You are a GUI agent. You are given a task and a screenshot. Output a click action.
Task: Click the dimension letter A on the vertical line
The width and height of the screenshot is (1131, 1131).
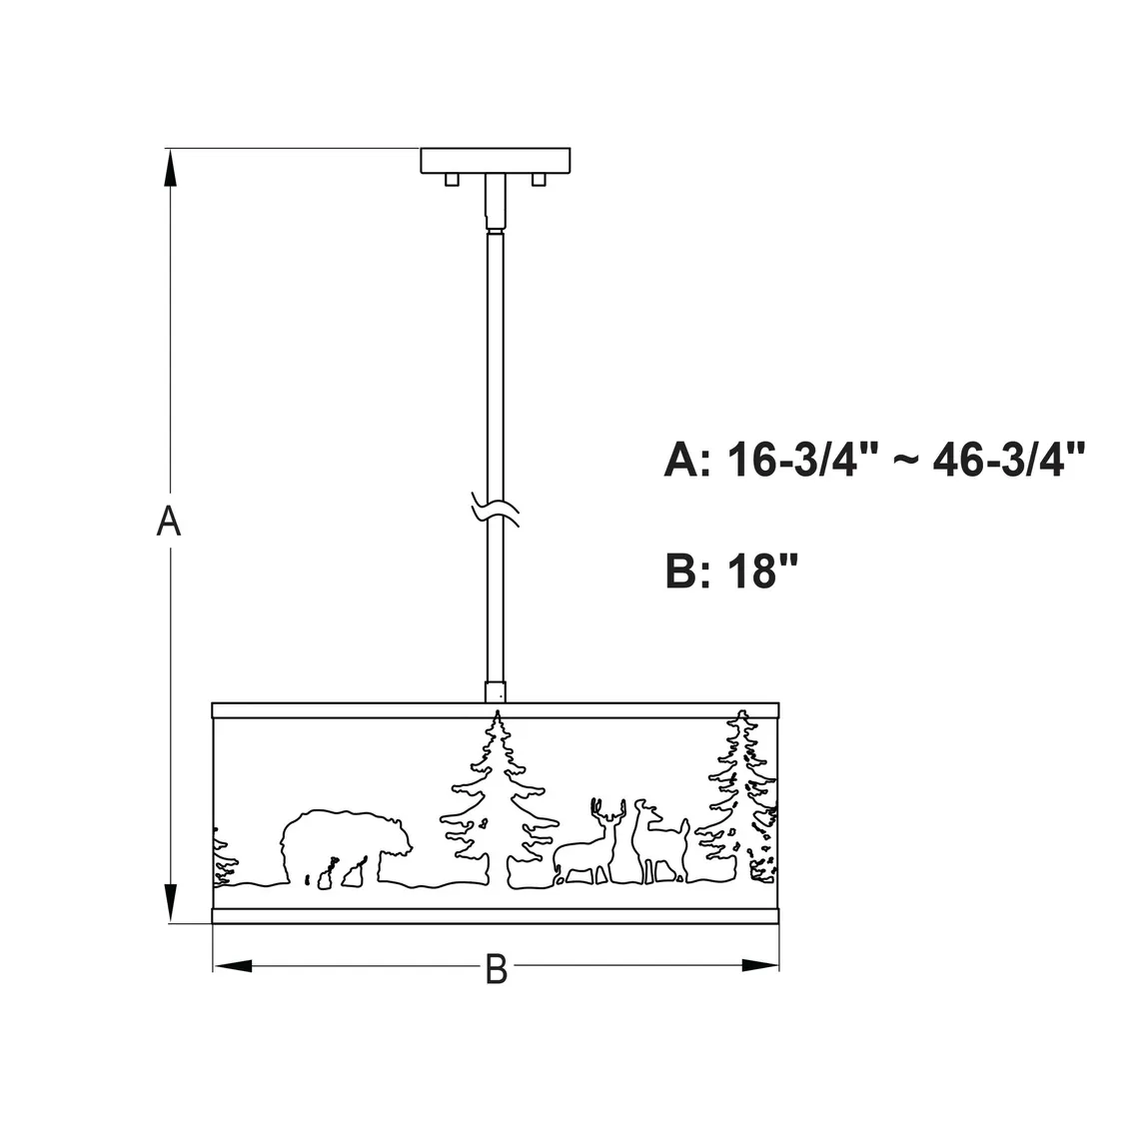[x=169, y=521]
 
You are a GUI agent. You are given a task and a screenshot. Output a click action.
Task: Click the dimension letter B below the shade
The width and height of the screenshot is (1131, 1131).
[x=497, y=969]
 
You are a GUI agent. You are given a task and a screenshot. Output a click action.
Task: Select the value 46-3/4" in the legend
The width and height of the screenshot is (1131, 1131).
[x=1008, y=460]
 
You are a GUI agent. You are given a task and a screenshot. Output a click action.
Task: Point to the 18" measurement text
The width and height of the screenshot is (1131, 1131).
[x=762, y=570]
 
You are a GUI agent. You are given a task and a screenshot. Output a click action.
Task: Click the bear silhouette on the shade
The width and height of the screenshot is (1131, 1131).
[x=347, y=848]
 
